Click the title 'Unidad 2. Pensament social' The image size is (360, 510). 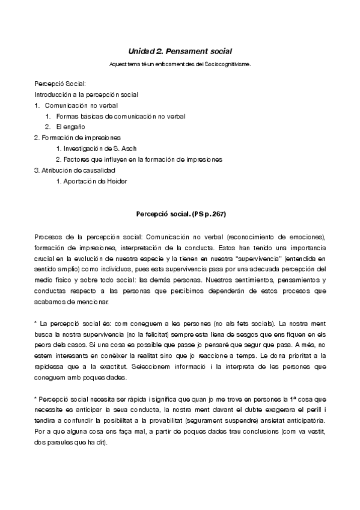pos(180,52)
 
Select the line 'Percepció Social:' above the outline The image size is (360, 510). pos(60,84)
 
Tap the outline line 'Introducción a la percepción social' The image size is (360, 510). pos(87,94)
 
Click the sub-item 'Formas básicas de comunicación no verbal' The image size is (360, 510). pos(121,116)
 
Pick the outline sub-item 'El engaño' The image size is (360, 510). pos(71,127)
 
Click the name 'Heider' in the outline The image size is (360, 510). pos(117,181)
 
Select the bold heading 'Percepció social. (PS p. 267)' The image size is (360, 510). pos(180,214)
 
